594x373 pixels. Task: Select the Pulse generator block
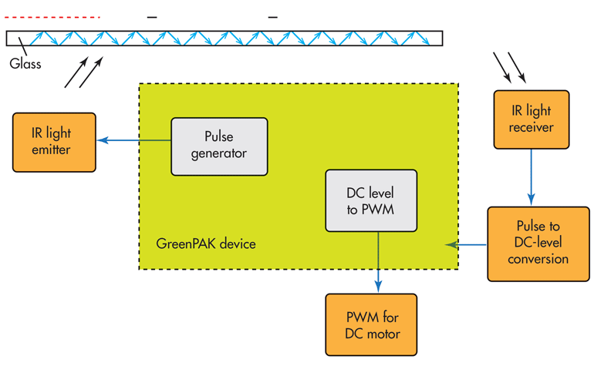[x=220, y=146]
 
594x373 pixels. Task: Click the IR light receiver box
[x=531, y=119]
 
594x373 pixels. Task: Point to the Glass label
[x=25, y=64]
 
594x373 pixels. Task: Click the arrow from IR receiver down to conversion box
[x=531, y=177]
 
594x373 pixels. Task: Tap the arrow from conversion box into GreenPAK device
[x=466, y=245]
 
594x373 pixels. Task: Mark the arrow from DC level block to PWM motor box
[x=378, y=262]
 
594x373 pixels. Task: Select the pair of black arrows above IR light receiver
[x=510, y=67]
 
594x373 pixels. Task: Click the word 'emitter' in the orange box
[x=52, y=150]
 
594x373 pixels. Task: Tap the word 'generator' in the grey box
[x=220, y=153]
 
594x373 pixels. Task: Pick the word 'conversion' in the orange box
[x=538, y=259]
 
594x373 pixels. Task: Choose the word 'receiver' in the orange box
[x=531, y=126]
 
